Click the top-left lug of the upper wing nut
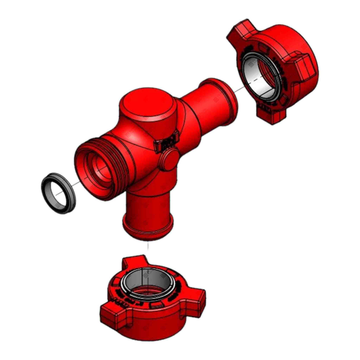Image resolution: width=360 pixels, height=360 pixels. tap(240, 31)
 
